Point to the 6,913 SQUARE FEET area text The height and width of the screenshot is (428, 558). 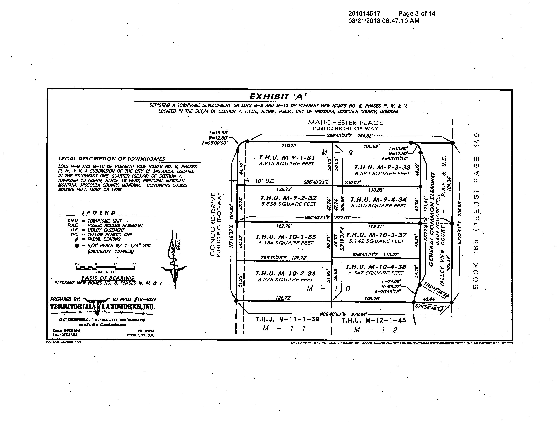coord(287,164)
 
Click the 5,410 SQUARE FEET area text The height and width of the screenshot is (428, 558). coord(378,206)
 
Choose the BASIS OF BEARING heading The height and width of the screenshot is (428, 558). coord(108,278)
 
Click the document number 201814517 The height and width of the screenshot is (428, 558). coord(364,14)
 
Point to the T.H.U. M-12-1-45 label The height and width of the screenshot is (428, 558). coord(374,320)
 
